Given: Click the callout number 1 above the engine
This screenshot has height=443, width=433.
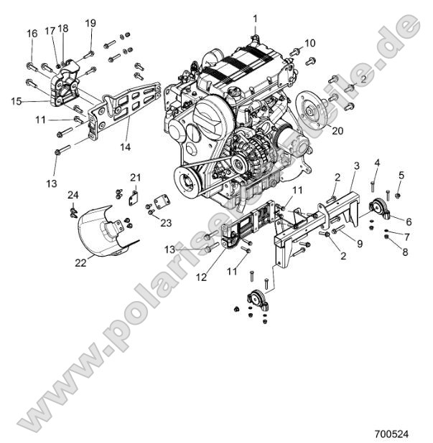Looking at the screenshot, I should (x=253, y=16).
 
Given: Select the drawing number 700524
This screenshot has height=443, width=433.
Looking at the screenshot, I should (x=391, y=434).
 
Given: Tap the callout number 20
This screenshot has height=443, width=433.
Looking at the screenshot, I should (x=337, y=131).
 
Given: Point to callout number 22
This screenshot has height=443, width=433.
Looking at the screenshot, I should (x=80, y=262).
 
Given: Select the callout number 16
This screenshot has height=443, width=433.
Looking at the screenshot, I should (x=32, y=34).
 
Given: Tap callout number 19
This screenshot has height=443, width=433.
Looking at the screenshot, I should (x=90, y=24).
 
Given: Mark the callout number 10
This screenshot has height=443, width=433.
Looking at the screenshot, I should (x=309, y=43).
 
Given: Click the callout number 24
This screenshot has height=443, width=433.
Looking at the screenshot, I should (x=73, y=195).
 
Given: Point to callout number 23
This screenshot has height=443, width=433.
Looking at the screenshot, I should (x=166, y=223).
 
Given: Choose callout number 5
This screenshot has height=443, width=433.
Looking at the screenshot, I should (x=401, y=175).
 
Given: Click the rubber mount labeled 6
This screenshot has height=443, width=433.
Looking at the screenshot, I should (x=378, y=209).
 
